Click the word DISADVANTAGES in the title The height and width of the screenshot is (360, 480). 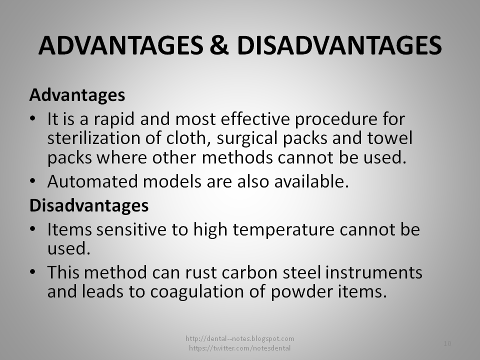(x=339, y=46)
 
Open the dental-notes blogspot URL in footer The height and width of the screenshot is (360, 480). (x=239, y=338)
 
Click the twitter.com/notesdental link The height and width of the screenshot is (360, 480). (x=239, y=347)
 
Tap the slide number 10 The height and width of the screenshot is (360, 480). (x=447, y=343)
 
